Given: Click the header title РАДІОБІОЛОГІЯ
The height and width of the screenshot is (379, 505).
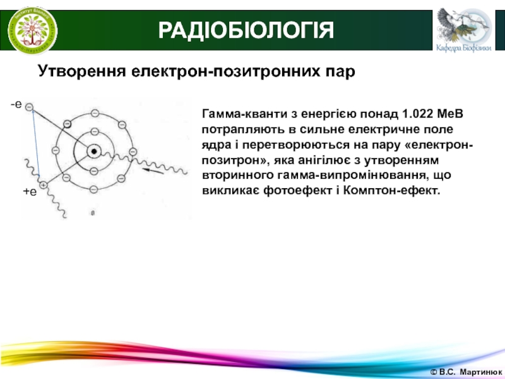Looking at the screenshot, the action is (x=246, y=30).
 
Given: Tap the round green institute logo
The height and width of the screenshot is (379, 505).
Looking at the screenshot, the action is (x=33, y=30).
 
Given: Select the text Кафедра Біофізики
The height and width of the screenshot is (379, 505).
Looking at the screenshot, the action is (x=464, y=48).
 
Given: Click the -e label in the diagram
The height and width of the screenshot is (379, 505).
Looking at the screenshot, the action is (x=16, y=104).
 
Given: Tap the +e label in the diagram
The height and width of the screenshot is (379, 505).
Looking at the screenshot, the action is (x=30, y=192).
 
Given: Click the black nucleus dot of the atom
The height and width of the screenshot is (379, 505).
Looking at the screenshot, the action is (x=94, y=152).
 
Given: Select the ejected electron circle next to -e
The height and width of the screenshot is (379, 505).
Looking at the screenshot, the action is (x=29, y=107).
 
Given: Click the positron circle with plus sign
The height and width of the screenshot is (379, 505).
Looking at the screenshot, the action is (x=43, y=185).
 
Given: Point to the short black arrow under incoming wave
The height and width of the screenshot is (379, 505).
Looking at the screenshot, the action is (x=153, y=171).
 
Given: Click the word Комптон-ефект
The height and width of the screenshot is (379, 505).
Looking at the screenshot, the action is (x=391, y=191).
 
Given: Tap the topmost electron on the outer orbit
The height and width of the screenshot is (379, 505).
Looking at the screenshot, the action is (x=95, y=114).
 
